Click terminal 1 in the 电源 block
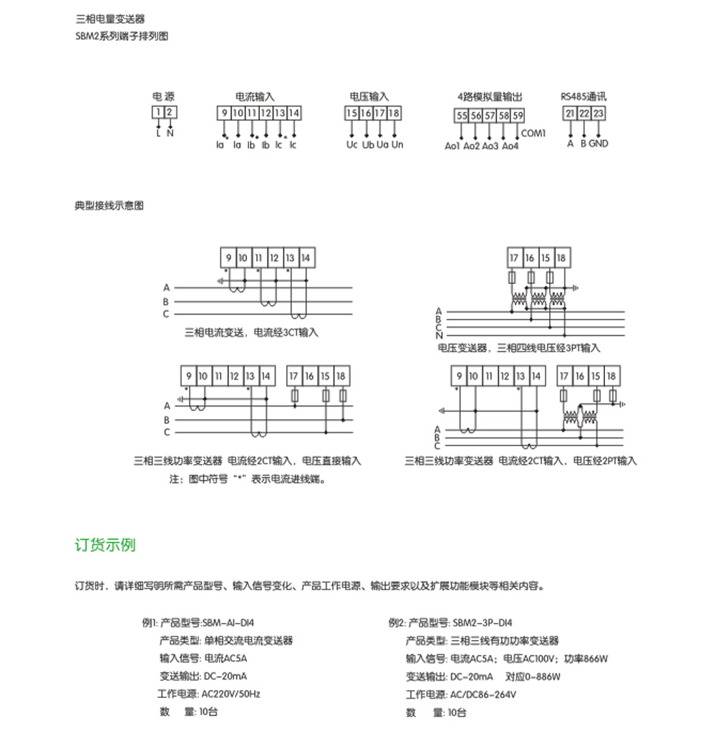point(158,112)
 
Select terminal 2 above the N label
point(170,112)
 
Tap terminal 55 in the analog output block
point(461,116)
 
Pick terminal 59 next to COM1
point(518,116)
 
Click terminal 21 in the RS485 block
point(570,113)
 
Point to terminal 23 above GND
point(599,113)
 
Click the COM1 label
point(534,133)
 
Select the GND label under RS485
point(599,143)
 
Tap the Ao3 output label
point(490,147)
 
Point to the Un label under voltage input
point(398,144)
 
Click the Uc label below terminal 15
point(352,144)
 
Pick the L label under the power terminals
point(158,133)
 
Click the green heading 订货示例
point(105,546)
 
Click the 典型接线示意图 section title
point(109,205)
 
